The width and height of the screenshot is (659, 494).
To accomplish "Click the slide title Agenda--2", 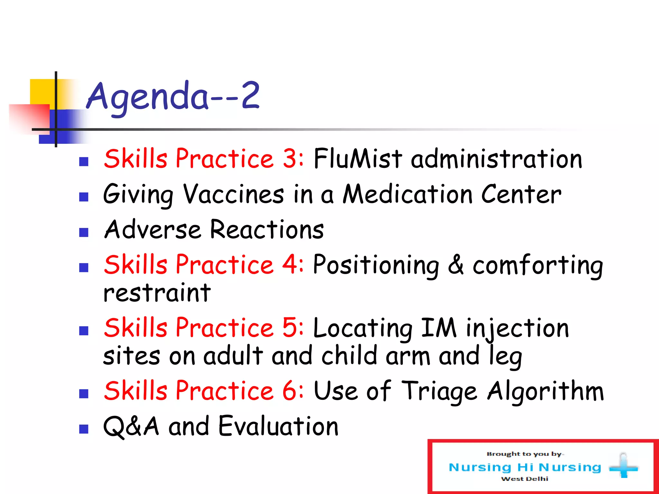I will (x=173, y=96).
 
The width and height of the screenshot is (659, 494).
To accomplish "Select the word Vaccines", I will (x=234, y=194).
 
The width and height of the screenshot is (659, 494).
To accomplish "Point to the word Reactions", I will (x=267, y=230).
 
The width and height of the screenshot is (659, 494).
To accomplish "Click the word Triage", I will (x=439, y=391).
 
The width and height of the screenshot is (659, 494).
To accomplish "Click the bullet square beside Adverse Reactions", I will (x=84, y=232).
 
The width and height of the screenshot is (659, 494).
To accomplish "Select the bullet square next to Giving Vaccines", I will (x=84, y=197).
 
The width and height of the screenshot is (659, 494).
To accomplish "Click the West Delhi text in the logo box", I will (x=524, y=479).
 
